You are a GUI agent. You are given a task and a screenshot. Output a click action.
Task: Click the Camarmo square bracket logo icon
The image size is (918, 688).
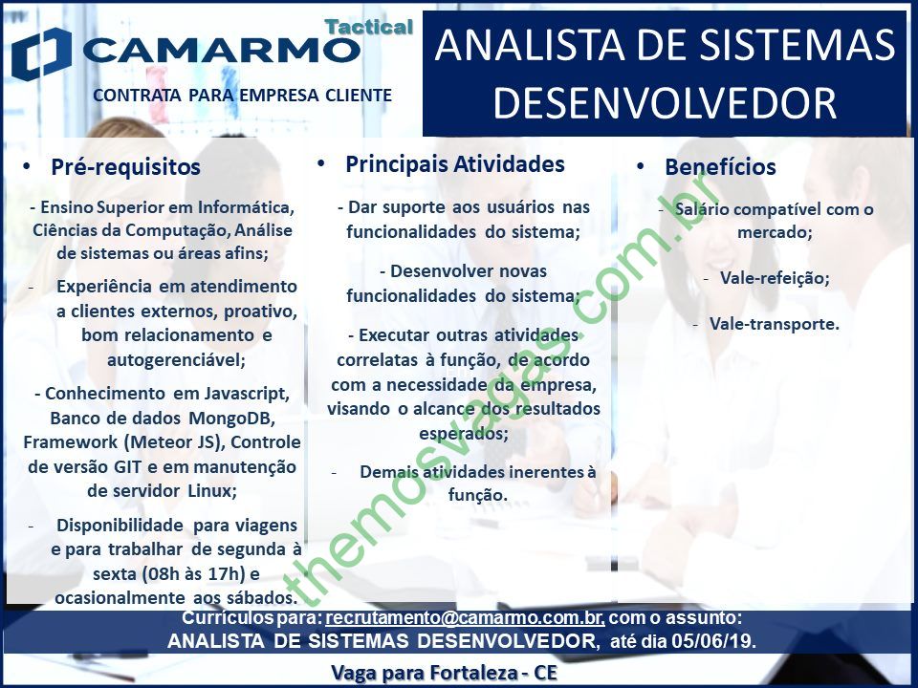pyautogui.click(x=41, y=54)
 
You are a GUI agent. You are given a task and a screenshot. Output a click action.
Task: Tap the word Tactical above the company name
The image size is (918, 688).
pyautogui.click(x=369, y=27)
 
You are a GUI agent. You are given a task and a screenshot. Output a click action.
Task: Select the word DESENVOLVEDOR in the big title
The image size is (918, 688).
pyautogui.click(x=665, y=103)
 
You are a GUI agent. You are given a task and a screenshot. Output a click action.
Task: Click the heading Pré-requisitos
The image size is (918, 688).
pyautogui.click(x=126, y=167)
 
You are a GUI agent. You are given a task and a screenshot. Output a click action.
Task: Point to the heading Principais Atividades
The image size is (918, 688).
pyautogui.click(x=455, y=164)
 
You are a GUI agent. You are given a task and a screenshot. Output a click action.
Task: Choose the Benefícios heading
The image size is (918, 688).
pyautogui.click(x=720, y=167)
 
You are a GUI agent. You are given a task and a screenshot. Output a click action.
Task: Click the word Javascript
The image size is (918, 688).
pyautogui.click(x=247, y=395)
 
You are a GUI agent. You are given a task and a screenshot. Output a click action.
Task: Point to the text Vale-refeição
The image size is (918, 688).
pyautogui.click(x=775, y=278)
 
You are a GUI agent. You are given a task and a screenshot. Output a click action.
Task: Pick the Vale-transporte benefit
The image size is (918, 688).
pyautogui.click(x=774, y=324)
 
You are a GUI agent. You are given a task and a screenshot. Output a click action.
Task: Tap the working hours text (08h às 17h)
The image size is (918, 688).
pyautogui.click(x=192, y=574)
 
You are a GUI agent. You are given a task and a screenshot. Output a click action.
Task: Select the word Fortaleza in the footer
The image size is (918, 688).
pyautogui.click(x=473, y=673)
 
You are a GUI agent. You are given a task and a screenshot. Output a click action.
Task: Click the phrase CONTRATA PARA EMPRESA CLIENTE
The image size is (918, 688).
pyautogui.click(x=242, y=95)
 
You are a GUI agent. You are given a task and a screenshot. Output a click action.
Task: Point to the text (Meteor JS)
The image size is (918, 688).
pyautogui.click(x=176, y=442)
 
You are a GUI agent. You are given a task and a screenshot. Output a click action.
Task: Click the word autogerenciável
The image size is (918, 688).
pyautogui.click(x=176, y=360)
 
